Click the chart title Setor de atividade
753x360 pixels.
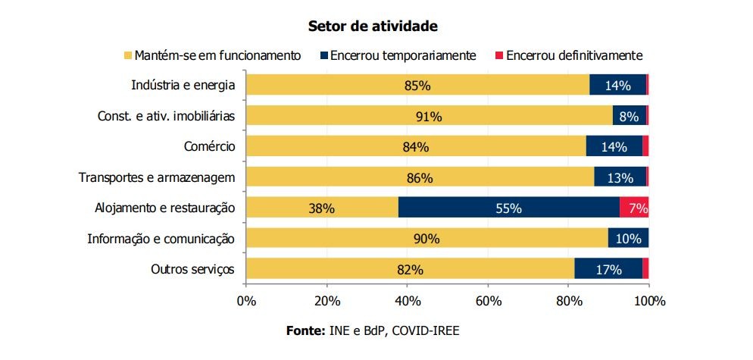[373, 26]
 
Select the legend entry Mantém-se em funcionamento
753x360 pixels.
[218, 55]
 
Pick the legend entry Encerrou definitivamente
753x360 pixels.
[573, 55]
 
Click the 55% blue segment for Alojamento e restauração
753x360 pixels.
[508, 208]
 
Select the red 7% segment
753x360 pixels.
[634, 208]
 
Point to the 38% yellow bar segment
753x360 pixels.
[322, 208]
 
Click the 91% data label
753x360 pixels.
[429, 116]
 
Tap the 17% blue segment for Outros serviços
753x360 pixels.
[608, 269]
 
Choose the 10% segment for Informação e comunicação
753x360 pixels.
[628, 239]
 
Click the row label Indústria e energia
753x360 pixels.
[183, 85]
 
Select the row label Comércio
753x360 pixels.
[210, 146]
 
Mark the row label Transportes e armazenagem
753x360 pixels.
[158, 177]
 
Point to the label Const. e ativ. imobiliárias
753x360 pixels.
[167, 116]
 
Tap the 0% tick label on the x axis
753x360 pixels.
[246, 301]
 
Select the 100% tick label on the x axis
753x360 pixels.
[648, 301]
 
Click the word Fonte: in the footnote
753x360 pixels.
[305, 331]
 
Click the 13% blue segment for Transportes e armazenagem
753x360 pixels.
[620, 177]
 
